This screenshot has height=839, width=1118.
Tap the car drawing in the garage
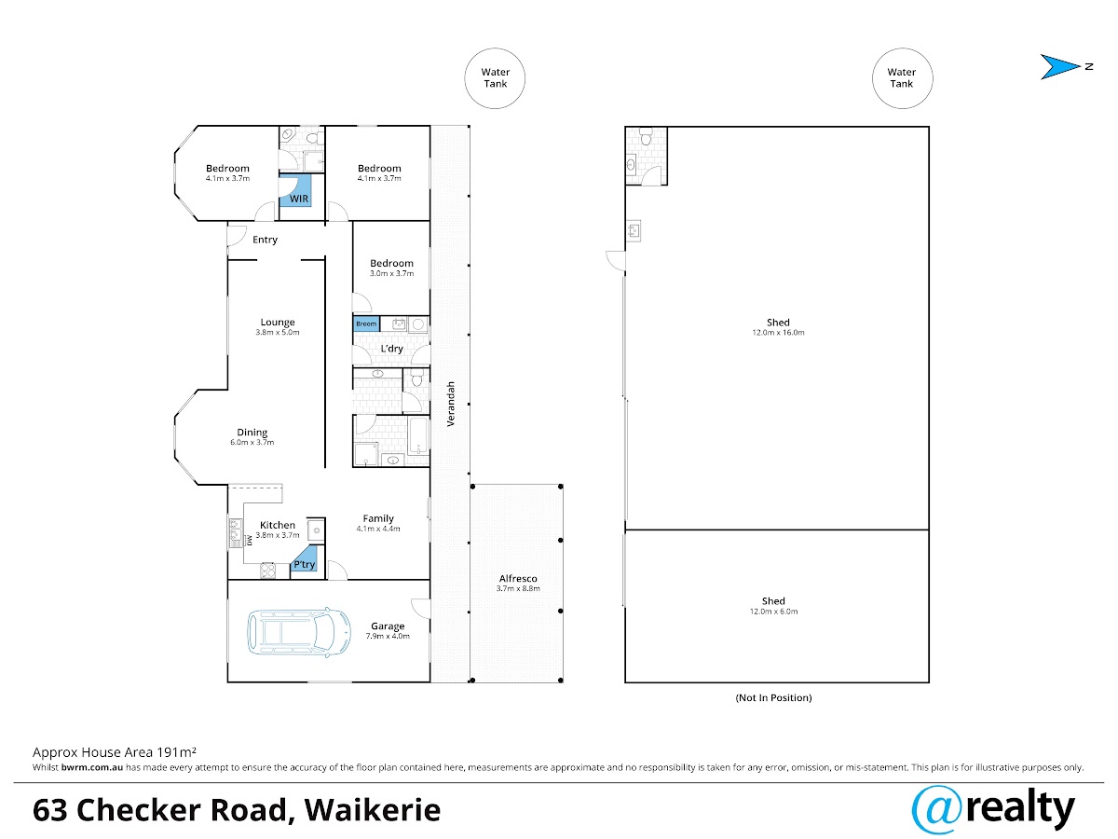pos(299,631)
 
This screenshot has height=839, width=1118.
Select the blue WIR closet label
pos(299,199)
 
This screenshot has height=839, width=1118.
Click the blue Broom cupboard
pos(366,324)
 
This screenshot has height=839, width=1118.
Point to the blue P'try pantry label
pos(304,564)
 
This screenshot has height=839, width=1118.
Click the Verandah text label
pos(450,404)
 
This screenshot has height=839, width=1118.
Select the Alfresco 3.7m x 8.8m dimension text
pos(518,588)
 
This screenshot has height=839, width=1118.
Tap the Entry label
pos(265,240)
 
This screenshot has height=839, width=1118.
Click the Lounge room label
pos(278,322)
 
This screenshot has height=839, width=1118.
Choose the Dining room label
pos(252,433)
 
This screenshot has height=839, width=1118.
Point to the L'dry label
pos(391,349)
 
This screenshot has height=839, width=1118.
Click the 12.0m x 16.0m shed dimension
pos(778,333)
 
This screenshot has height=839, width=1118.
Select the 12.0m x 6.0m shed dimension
pos(773,612)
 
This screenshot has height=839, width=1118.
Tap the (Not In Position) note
pos(773,698)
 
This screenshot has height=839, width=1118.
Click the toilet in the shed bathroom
pos(646,137)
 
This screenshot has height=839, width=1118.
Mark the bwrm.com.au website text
pos(92,767)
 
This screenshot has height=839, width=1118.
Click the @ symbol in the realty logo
pos(936,810)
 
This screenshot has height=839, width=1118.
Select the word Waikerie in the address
pos(373,810)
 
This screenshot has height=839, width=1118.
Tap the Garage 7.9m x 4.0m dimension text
pos(388,636)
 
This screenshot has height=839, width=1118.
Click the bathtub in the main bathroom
pos(418,435)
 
